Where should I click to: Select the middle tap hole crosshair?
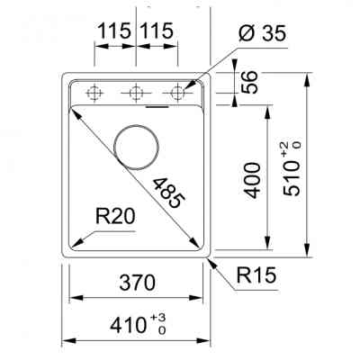(x=136, y=92)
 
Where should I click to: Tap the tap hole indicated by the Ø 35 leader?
(x=178, y=92)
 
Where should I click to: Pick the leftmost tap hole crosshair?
(x=94, y=92)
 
